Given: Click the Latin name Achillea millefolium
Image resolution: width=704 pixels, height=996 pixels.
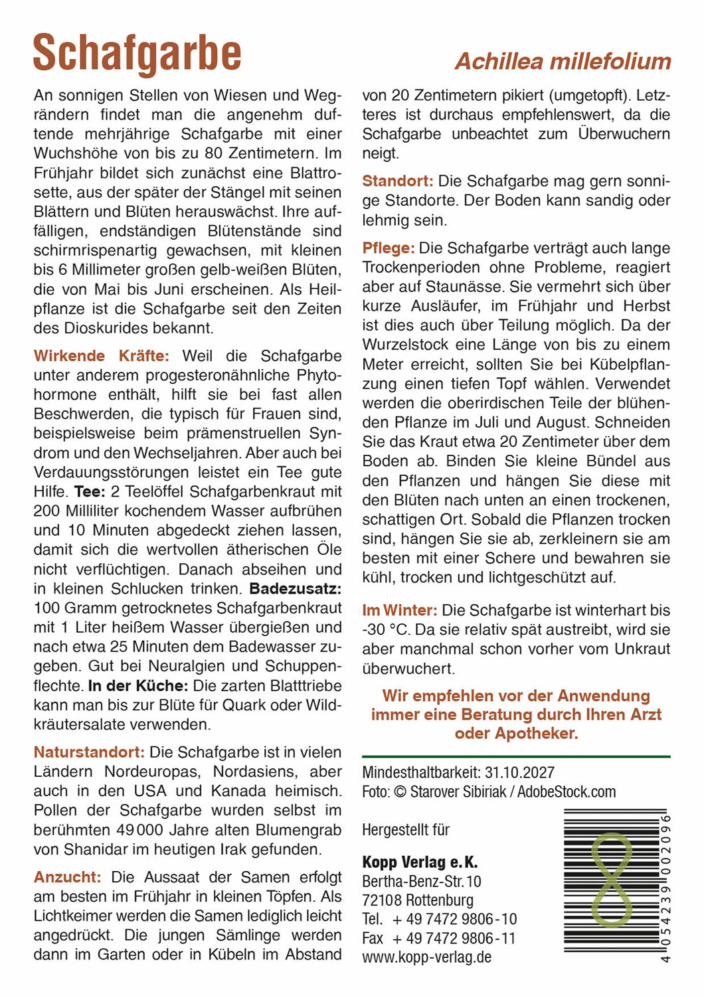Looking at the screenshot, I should [563, 62].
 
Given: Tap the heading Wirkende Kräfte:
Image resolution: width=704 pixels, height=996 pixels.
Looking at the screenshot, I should [101, 356].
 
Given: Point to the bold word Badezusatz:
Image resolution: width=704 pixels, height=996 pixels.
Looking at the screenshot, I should [296, 589].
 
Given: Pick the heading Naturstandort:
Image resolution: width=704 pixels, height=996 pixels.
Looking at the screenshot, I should [89, 752].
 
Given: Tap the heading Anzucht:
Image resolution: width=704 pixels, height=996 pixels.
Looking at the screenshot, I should [67, 877].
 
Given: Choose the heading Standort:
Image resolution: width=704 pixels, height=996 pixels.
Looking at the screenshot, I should [397, 181].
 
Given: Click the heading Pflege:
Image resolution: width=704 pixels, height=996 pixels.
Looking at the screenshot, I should [388, 248].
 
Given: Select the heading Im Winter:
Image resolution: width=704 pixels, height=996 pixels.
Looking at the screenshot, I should [399, 610].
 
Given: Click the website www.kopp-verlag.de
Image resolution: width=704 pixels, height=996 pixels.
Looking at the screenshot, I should [426, 957].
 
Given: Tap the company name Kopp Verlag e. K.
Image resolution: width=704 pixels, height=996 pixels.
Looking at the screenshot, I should [420, 863].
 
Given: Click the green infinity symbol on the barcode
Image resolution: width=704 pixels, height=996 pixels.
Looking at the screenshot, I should [611, 879].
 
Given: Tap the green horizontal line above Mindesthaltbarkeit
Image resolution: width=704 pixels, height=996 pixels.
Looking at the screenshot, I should [516, 757].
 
